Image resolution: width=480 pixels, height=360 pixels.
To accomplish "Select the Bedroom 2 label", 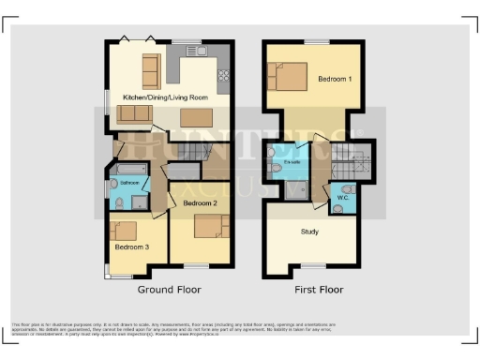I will click(x=200, y=202).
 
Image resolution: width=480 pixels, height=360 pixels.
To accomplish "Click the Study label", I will click(x=310, y=231).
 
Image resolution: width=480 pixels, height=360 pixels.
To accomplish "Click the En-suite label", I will click(x=292, y=163).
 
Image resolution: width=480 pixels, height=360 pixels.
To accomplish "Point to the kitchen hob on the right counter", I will click(x=224, y=77).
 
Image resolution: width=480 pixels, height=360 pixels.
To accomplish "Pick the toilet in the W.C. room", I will click(x=337, y=208).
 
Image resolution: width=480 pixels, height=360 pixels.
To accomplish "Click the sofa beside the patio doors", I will click(x=150, y=68).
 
